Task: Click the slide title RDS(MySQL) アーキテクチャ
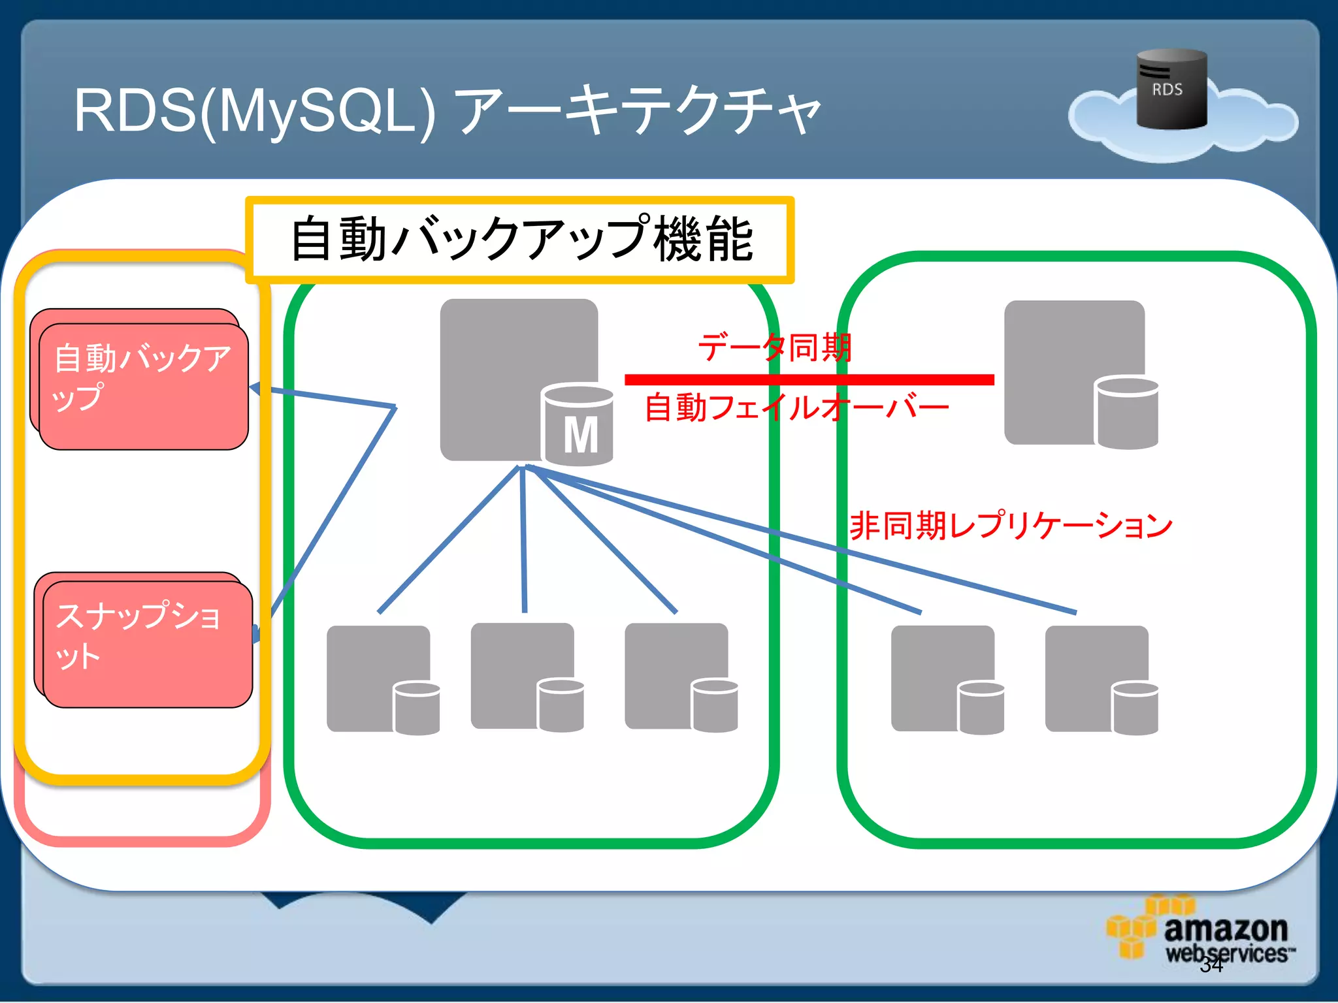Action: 447,111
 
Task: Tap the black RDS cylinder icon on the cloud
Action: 1171,89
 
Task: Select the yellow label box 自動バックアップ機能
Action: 520,240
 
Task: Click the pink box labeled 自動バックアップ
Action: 143,385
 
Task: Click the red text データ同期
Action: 774,347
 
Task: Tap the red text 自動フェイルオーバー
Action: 796,408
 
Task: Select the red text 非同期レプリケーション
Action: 1010,526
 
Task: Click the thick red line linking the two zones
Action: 809,379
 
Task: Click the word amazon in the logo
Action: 1225,929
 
